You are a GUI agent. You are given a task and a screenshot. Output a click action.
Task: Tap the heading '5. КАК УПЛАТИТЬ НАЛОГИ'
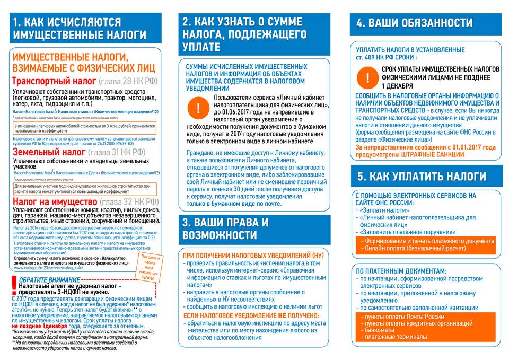[x=422, y=177]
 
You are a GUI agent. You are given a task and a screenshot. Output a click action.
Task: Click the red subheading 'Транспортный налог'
[x=54, y=82]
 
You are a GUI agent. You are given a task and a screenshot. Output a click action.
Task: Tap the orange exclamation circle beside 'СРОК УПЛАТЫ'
[x=366, y=78]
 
